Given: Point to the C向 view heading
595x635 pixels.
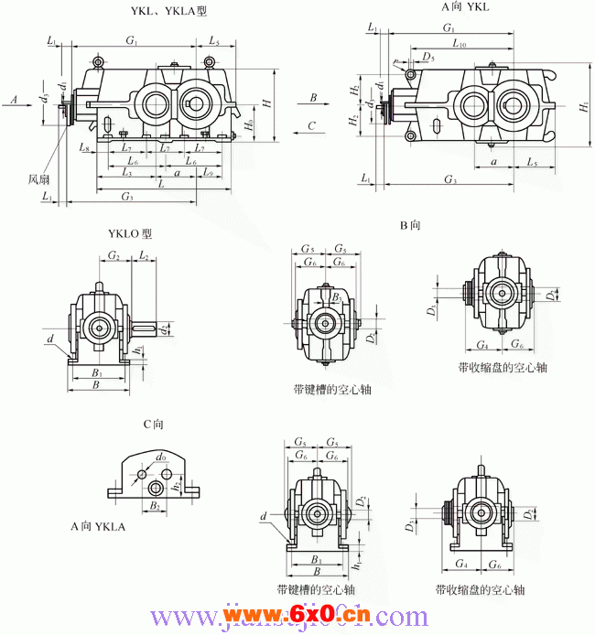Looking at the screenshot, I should [x=153, y=425].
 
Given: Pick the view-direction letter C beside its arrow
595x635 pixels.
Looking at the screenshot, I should [x=312, y=125].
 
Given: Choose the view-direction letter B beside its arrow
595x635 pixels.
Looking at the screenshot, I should [x=312, y=96].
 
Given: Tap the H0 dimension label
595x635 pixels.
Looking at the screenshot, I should [x=249, y=125].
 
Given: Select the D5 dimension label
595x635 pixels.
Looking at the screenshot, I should [x=428, y=58].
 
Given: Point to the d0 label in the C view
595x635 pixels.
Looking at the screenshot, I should [x=161, y=456].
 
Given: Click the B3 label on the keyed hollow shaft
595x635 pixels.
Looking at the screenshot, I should [x=337, y=296].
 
